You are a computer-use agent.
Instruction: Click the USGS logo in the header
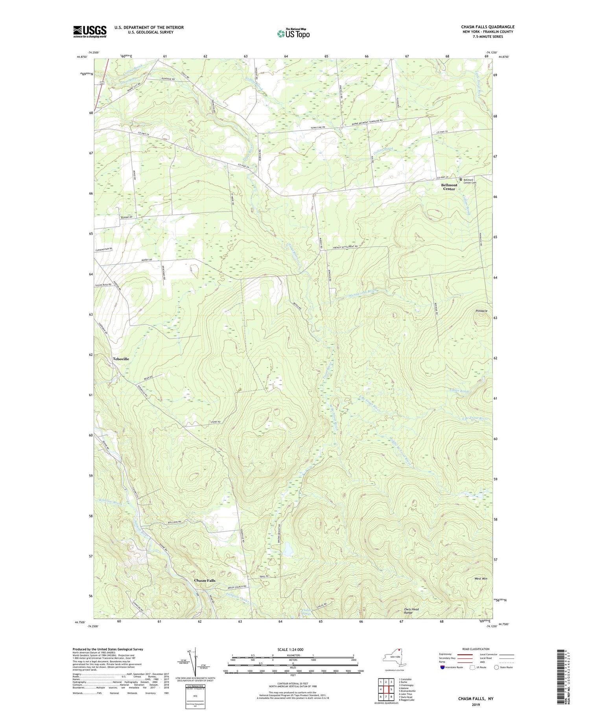click(90, 31)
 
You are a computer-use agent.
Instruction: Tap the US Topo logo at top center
click(293, 33)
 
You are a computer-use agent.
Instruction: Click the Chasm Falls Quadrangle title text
click(487, 27)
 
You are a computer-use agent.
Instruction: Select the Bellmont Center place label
click(449, 187)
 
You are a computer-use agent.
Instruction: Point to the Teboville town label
click(121, 359)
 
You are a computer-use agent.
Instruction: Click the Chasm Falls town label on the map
click(205, 580)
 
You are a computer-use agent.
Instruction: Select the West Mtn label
click(481, 579)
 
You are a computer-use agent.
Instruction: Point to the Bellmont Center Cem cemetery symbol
click(461, 179)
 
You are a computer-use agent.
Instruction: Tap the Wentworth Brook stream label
click(363, 293)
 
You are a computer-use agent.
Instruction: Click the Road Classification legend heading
click(476, 649)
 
